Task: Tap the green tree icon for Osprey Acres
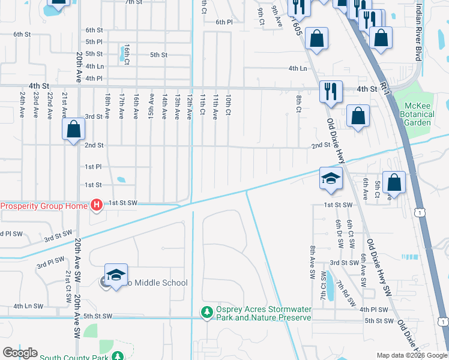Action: [206, 312]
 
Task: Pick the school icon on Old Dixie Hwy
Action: [331, 178]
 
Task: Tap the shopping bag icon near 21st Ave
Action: [73, 129]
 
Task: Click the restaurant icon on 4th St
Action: [331, 92]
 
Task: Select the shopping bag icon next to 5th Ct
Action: [394, 182]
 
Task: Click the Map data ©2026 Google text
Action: [411, 355]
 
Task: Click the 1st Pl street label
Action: [93, 166]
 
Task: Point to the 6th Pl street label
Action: [224, 22]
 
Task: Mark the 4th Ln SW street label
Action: [28, 306]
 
